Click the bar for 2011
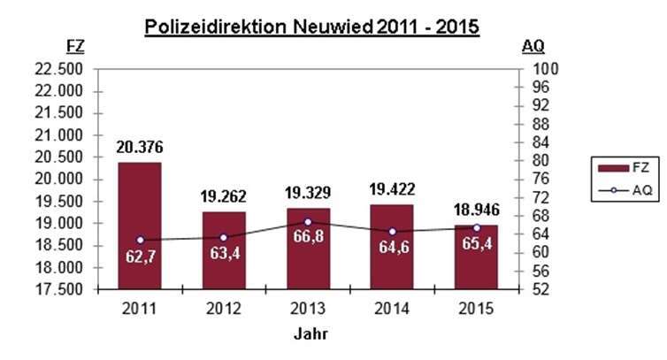140,226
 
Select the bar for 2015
476,257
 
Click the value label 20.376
140,147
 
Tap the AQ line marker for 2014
392,232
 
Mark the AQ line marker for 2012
224,237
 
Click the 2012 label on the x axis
224,309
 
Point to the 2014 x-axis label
392,309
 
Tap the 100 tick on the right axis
542,69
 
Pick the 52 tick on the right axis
539,289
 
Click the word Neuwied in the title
333,27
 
